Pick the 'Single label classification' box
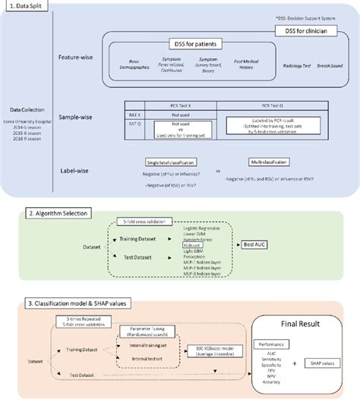pyautogui.click(x=170, y=162)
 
